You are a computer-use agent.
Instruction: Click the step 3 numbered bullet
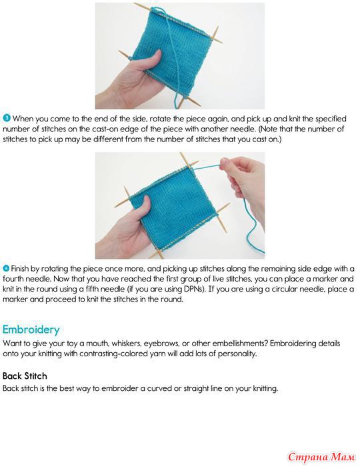point(7,118)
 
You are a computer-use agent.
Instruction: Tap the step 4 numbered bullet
point(6,268)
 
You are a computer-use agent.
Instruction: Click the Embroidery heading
point(31,330)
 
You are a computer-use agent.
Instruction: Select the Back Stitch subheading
point(25,376)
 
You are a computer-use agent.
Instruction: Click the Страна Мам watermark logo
point(321,456)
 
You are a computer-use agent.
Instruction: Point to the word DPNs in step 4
point(194,289)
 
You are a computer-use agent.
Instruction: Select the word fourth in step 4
point(13,279)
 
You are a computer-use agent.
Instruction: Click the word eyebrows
point(161,344)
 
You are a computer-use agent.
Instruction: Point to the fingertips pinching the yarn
point(225,164)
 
